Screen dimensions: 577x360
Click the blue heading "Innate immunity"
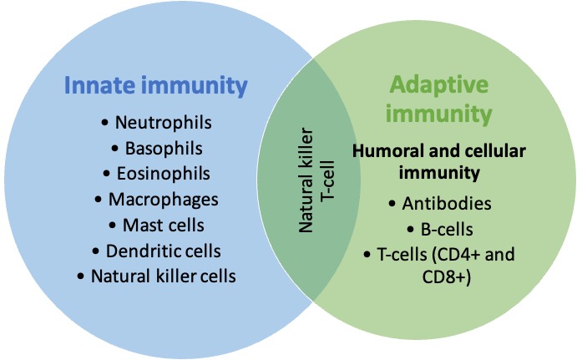point(155,86)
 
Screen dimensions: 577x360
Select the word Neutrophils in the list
point(164,123)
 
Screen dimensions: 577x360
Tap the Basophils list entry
point(164,149)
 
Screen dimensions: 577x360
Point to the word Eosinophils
point(164,174)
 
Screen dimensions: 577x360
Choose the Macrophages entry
point(164,200)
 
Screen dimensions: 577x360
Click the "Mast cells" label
point(164,226)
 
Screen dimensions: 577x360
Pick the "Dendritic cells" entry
point(164,251)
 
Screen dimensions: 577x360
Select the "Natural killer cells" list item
point(164,276)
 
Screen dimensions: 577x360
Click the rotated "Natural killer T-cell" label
point(316,180)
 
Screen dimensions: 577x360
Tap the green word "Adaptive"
point(439,84)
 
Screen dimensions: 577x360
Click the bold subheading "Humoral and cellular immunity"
point(439,161)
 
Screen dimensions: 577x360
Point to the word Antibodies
point(447,204)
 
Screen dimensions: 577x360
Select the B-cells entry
point(447,230)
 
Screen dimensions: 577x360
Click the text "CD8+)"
point(447,277)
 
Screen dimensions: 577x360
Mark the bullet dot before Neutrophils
point(105,123)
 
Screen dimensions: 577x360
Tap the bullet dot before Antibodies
point(392,204)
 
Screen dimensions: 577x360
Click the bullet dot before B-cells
point(410,230)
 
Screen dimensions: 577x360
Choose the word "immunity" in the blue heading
point(195,86)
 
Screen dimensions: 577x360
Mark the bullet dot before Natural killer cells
point(81,276)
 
